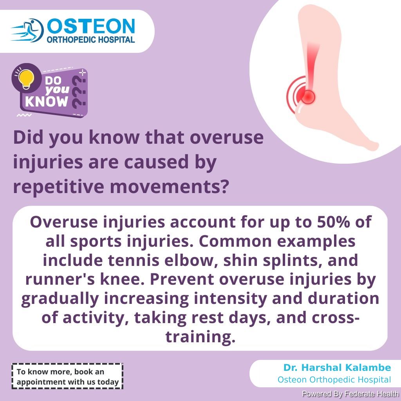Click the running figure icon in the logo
tap(28, 30)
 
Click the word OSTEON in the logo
tap(91, 26)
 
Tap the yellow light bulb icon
tap(26, 79)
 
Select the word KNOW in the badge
tap(47, 101)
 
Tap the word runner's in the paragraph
tap(60, 279)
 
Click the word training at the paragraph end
tap(200, 337)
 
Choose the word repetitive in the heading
tap(59, 187)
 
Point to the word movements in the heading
tap(169, 187)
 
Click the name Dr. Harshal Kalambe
tap(337, 367)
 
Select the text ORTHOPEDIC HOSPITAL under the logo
tap(91, 40)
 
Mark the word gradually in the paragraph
tap(60, 299)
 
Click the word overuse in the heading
tap(227, 137)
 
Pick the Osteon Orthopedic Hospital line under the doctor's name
tap(334, 380)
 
